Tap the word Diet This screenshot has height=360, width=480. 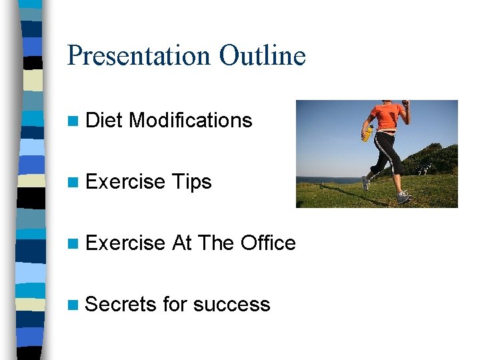click(105, 121)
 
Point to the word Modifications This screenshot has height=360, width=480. click(191, 121)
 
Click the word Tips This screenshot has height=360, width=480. click(191, 182)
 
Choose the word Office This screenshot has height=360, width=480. click(268, 243)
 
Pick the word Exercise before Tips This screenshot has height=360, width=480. click(125, 182)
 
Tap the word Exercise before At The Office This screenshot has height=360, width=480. click(125, 243)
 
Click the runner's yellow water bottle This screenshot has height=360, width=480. click(367, 133)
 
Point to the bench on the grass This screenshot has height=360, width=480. click(424, 169)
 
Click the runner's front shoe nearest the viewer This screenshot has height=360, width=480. click(404, 197)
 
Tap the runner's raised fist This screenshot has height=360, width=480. click(405, 103)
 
